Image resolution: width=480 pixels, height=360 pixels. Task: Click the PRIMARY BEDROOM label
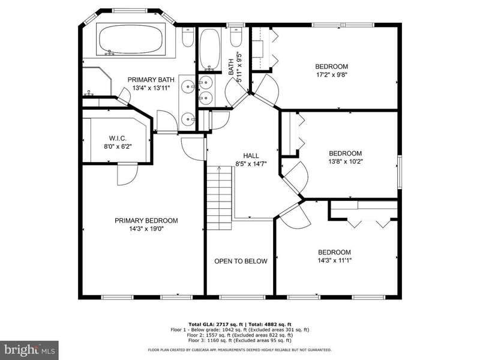tap(146, 220)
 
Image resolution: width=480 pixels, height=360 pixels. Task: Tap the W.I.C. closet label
tap(118, 139)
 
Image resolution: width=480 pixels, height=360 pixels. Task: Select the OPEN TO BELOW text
tap(241, 261)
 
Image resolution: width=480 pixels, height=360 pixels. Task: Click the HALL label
tap(251, 155)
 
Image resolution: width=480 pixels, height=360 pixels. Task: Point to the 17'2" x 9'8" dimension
tap(331, 74)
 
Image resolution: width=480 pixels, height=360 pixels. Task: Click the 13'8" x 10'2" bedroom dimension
tap(346, 161)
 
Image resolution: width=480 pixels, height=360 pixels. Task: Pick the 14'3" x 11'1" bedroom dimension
tap(335, 260)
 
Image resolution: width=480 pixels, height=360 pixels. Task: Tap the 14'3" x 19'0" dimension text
tap(146, 229)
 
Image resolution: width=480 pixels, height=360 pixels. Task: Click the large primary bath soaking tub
tap(131, 39)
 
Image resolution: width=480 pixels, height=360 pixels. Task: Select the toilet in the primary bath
tap(188, 37)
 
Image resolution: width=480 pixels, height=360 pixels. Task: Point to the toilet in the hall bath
tap(236, 37)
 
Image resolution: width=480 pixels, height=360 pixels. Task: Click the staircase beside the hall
tap(219, 198)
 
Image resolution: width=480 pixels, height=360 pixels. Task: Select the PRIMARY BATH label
tap(151, 80)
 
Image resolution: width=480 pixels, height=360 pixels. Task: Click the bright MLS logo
tap(29, 349)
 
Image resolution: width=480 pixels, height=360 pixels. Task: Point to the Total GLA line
tap(239, 325)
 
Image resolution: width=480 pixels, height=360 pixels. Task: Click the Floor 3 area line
tap(239, 340)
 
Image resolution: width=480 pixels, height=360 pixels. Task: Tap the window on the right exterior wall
tap(399, 172)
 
